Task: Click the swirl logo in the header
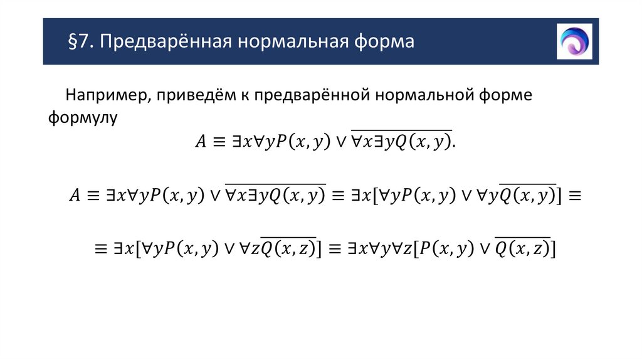pyautogui.click(x=574, y=41)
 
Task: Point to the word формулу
pyautogui.click(x=82, y=117)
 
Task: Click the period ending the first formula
pyautogui.click(x=454, y=143)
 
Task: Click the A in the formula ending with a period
pyautogui.click(x=200, y=142)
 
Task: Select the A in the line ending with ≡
pyautogui.click(x=74, y=196)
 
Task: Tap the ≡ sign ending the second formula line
pyautogui.click(x=574, y=196)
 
